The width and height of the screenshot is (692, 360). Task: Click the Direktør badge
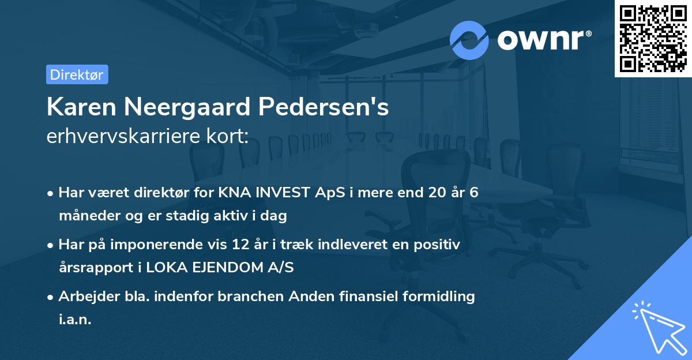(77, 74)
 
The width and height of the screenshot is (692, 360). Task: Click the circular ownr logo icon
(469, 40)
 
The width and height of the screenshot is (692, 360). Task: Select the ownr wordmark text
(543, 40)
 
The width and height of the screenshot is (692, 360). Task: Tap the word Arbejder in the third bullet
(84, 297)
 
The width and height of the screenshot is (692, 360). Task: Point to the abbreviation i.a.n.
(75, 320)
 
